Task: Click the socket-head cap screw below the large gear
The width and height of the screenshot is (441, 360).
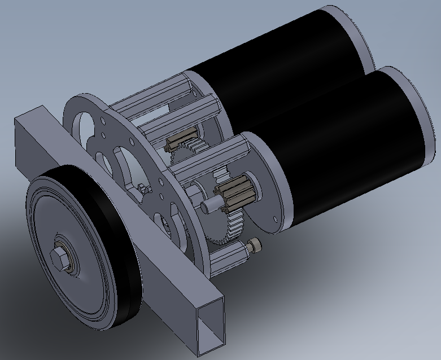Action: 256,245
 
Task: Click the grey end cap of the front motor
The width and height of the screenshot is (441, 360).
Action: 421,113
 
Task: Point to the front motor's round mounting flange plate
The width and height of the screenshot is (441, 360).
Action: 265,186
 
